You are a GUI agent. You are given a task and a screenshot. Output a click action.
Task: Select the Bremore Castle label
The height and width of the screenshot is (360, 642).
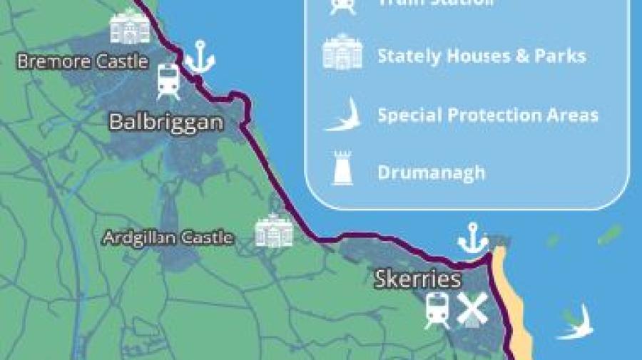[x=83, y=61]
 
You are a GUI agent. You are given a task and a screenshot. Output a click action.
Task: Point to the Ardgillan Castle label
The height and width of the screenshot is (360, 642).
[x=168, y=237]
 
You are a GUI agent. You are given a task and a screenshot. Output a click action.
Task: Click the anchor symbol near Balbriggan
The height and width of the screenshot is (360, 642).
[x=200, y=57]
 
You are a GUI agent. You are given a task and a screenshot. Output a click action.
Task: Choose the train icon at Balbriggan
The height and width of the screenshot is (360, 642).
[x=168, y=81]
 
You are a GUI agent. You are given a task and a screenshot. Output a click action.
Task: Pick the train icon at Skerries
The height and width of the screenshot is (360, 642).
[x=437, y=311]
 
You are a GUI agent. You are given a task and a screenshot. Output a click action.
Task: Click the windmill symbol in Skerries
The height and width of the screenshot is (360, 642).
[x=471, y=309]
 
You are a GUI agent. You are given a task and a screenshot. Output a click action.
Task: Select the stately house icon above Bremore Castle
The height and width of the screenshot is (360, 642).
[x=130, y=27]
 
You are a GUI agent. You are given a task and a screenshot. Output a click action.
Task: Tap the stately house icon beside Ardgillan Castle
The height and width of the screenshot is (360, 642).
[x=275, y=230]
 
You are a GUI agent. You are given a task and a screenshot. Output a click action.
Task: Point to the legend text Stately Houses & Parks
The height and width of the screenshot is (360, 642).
[x=481, y=56]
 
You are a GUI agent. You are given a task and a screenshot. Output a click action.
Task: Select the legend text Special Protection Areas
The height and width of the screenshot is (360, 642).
[x=488, y=115]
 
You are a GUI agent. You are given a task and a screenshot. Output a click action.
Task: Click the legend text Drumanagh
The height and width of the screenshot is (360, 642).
[x=431, y=173]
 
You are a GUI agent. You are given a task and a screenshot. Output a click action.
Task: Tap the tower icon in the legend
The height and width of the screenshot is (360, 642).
[x=342, y=169]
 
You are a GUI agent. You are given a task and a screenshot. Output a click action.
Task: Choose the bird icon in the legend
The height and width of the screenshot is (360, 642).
[x=343, y=114]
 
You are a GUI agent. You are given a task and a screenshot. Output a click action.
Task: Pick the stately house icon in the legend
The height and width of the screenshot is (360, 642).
[x=342, y=53]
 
